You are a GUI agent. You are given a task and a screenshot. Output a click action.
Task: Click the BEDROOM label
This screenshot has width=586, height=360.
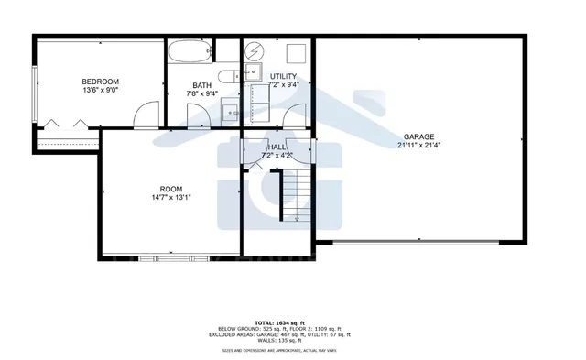click(100, 81)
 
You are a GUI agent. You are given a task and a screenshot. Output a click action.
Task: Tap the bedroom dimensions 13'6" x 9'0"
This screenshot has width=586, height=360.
click(100, 90)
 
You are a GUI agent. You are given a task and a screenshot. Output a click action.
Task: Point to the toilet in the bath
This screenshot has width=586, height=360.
click(228, 76)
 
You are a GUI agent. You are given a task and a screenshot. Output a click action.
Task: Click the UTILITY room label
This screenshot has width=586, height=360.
click(283, 76)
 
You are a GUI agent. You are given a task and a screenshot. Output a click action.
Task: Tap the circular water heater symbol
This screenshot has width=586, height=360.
click(256, 49)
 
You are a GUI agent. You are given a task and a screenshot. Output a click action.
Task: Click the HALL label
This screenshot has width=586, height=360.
click(278, 147)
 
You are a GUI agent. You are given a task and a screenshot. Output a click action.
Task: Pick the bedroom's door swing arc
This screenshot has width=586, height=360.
click(144, 113)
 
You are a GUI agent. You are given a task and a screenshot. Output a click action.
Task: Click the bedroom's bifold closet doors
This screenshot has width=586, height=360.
click(55, 123)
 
